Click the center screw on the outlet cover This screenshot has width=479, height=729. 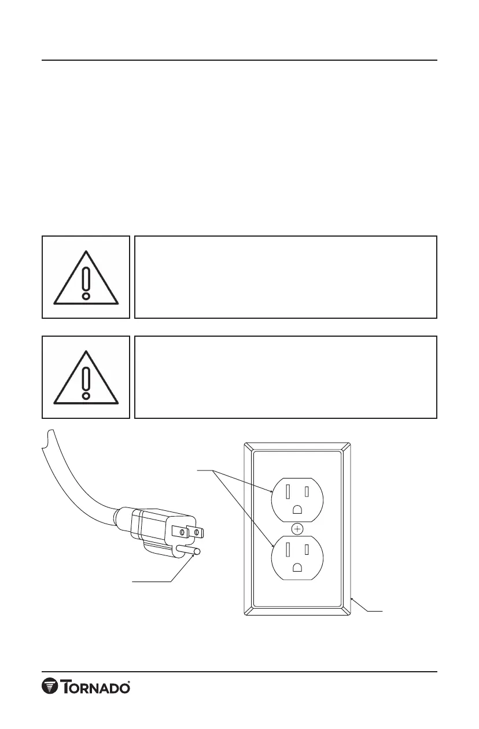coord(297,528)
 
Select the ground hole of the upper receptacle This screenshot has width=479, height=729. coord(297,510)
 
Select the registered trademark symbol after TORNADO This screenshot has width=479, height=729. coord(128,681)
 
